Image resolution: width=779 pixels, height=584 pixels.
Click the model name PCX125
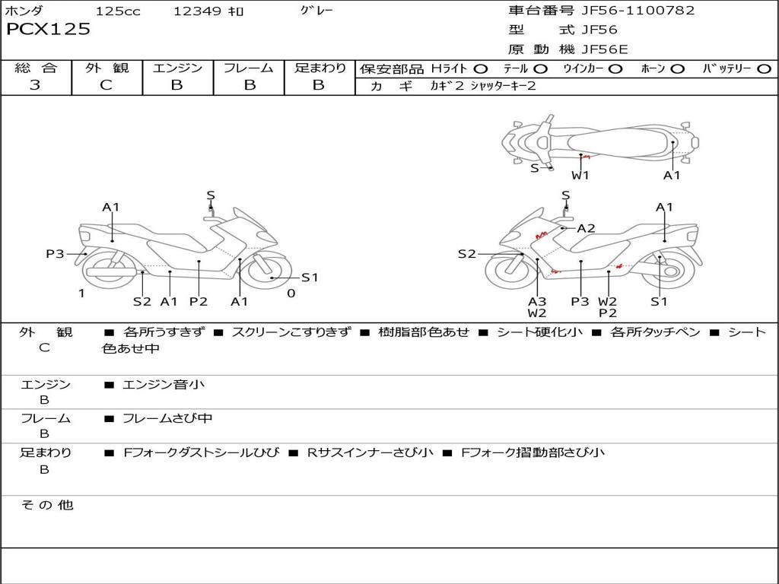coord(48,29)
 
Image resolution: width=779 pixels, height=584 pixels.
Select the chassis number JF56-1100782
coord(627,11)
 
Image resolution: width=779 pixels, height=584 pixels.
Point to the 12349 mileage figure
coord(197,11)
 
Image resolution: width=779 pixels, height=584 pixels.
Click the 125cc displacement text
coord(117,11)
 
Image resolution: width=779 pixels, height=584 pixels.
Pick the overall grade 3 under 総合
coord(35,85)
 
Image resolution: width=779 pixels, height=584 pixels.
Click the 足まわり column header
coord(320,68)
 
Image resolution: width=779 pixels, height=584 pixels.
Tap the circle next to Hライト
coord(481,68)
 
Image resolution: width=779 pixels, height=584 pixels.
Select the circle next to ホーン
coord(678,68)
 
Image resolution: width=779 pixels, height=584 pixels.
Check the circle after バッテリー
coord(764,68)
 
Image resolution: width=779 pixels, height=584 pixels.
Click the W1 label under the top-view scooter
coord(580,176)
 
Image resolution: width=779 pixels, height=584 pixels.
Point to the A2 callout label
coord(586,228)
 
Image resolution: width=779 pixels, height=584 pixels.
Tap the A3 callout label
coord(537,301)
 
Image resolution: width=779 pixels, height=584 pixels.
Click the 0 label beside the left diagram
coord(291,294)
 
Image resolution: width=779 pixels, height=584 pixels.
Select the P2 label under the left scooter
coord(199,302)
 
